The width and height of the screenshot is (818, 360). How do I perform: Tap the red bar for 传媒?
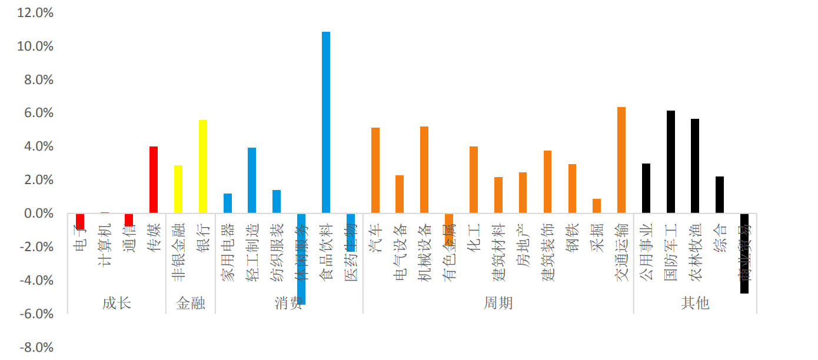pyautogui.click(x=154, y=179)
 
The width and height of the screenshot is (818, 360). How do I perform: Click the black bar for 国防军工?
pyautogui.click(x=670, y=162)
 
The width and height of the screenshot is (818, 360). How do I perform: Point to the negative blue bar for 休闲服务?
pyautogui.click(x=301, y=259)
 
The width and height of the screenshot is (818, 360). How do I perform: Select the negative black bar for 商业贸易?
pyautogui.click(x=744, y=253)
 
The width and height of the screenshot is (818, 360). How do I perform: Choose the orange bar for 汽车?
pyautogui.click(x=375, y=170)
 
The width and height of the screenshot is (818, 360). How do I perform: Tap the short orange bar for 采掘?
pyautogui.click(x=597, y=206)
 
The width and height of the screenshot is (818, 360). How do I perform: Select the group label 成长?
pyautogui.click(x=117, y=303)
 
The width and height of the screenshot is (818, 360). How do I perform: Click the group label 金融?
pyautogui.click(x=191, y=303)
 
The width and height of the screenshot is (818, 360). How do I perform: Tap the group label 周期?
pyautogui.click(x=498, y=303)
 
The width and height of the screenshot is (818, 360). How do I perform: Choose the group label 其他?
pyautogui.click(x=695, y=303)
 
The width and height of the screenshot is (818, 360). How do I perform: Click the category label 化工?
pyautogui.click(x=474, y=238)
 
